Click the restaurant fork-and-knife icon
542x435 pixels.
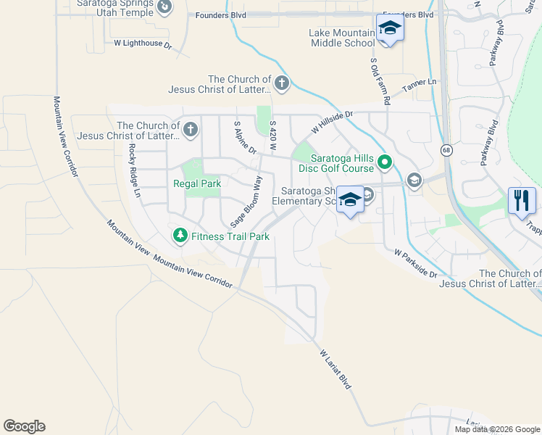click(x=522, y=200)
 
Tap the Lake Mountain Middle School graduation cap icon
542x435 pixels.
click(x=390, y=28)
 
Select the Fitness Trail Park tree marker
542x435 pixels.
click(x=180, y=236)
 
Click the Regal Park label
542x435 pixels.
click(x=197, y=183)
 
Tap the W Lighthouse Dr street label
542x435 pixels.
click(x=143, y=43)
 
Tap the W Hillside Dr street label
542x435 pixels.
click(x=332, y=121)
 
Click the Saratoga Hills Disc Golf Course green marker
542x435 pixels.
click(x=384, y=162)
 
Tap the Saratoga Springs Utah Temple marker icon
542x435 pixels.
click(x=165, y=7)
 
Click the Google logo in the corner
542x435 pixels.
click(x=24, y=426)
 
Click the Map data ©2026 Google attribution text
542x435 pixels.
click(x=496, y=429)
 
